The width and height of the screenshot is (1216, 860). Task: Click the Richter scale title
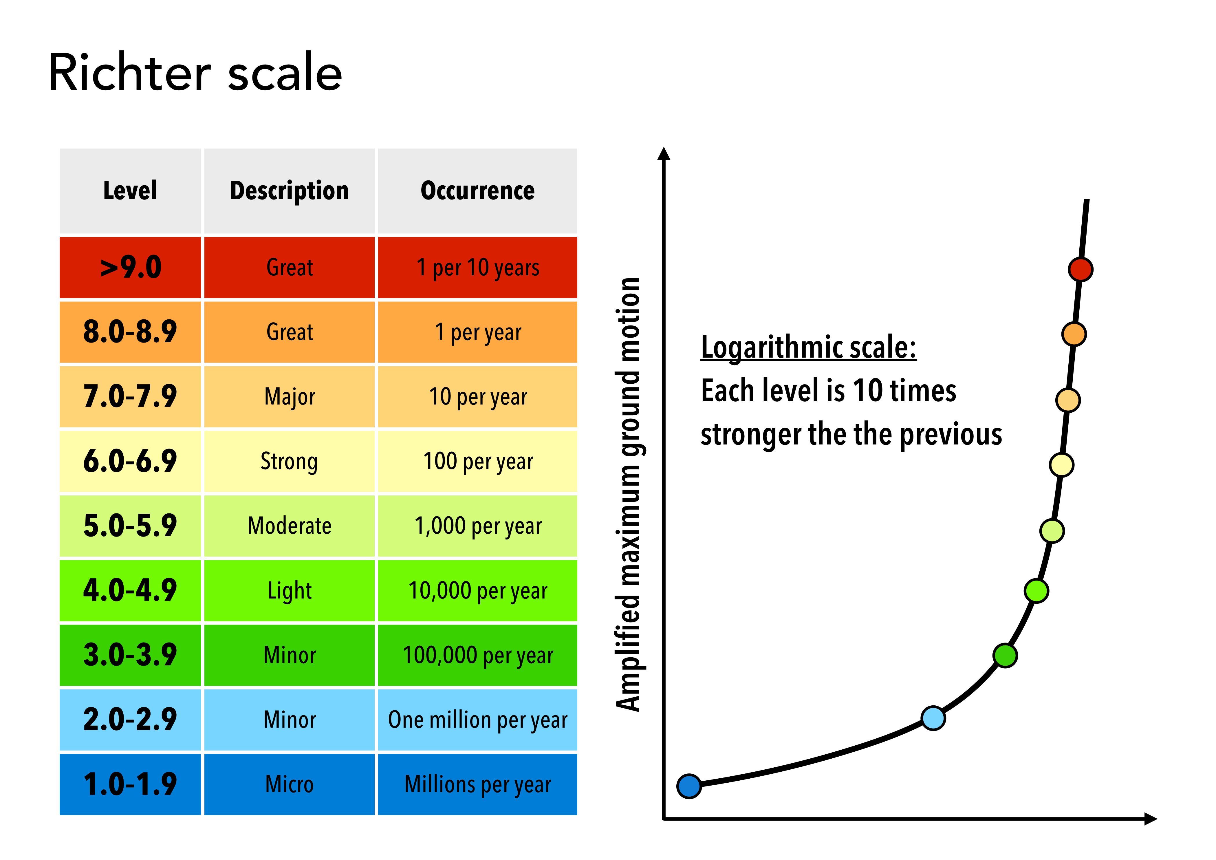[x=195, y=73]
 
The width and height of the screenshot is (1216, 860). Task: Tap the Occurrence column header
[x=477, y=191]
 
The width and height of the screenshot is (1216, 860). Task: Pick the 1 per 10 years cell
[x=477, y=268]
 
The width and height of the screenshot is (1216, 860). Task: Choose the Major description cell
[x=289, y=397]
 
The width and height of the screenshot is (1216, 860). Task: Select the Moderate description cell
[x=289, y=526]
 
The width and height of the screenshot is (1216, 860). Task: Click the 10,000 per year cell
[x=477, y=590]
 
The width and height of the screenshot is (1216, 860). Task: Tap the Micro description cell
[x=289, y=784]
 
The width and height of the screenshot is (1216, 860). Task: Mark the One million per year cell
[x=477, y=720]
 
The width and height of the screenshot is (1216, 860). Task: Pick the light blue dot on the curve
[x=933, y=718]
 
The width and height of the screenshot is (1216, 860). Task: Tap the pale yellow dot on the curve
[x=1061, y=465]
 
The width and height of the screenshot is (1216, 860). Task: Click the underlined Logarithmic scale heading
[x=808, y=348]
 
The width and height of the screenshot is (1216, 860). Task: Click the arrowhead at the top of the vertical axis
[x=664, y=153]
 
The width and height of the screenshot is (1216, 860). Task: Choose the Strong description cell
[x=289, y=461]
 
